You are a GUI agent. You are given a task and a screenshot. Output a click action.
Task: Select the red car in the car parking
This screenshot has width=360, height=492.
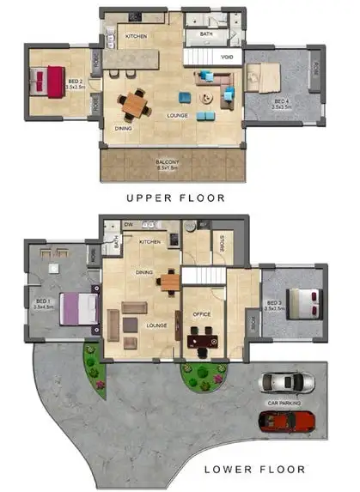click(287, 420)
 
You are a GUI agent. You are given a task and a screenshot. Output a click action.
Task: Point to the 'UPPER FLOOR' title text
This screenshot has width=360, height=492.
click(175, 197)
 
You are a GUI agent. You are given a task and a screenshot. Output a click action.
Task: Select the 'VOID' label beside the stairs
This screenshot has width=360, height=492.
click(226, 57)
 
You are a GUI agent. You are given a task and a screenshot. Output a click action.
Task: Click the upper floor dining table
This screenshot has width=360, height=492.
click(135, 103)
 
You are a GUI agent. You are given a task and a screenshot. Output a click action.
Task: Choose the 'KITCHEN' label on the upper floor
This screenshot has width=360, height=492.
click(137, 37)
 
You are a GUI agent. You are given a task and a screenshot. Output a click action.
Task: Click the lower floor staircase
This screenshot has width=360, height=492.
click(204, 276)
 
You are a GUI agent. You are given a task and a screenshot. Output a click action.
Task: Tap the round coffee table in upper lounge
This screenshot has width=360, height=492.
click(205, 97)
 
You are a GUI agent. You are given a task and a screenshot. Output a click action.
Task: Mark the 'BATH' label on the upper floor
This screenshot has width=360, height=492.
click(206, 34)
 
